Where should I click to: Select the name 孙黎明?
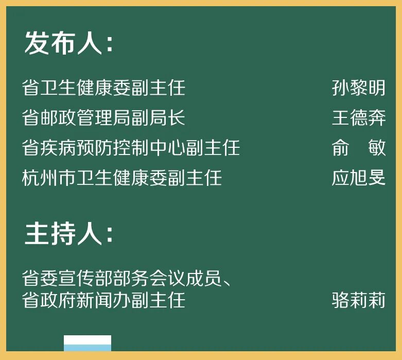(358, 88)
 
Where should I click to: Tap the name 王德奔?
(358, 118)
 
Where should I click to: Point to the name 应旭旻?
(358, 178)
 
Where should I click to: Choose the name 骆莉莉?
(358, 300)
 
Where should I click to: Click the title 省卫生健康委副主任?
(103, 88)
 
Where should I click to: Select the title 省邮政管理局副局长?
(103, 118)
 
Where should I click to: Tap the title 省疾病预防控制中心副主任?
(131, 148)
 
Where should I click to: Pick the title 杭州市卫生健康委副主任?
(122, 178)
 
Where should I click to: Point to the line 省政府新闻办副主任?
(103, 300)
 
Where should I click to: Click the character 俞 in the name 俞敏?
(340, 148)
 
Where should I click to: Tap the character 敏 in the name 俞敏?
(377, 148)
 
